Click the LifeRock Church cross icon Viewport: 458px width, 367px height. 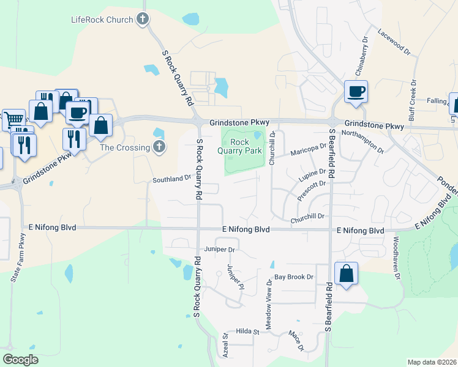tap(143, 20)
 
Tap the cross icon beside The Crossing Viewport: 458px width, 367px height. tap(159, 147)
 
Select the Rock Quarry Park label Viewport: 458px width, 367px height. tap(246, 147)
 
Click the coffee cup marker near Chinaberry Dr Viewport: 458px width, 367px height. tap(356, 92)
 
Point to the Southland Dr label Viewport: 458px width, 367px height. tap(172, 179)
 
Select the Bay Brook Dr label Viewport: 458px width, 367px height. tap(294, 277)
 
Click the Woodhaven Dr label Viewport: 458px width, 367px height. tap(397, 258)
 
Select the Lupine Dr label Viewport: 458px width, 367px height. tap(312, 177)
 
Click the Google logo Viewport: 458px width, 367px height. tap(21, 359)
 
